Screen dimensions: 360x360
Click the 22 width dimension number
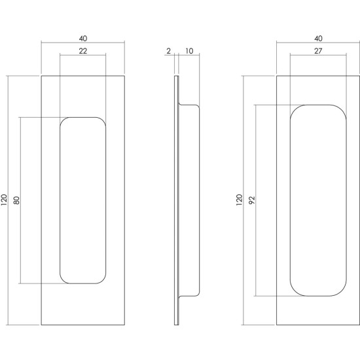(x=83, y=51)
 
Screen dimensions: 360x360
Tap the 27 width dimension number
(x=318, y=51)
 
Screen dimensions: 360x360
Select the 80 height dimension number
(x=17, y=200)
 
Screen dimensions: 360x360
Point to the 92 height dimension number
(x=252, y=200)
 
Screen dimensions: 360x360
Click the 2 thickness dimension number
(x=169, y=51)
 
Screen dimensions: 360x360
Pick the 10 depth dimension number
(x=189, y=51)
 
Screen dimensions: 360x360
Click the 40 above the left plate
(x=83, y=39)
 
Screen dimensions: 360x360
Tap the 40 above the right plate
(x=318, y=39)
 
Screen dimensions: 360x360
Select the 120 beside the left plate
(x=5, y=200)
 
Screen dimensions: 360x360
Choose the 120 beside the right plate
(x=240, y=200)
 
